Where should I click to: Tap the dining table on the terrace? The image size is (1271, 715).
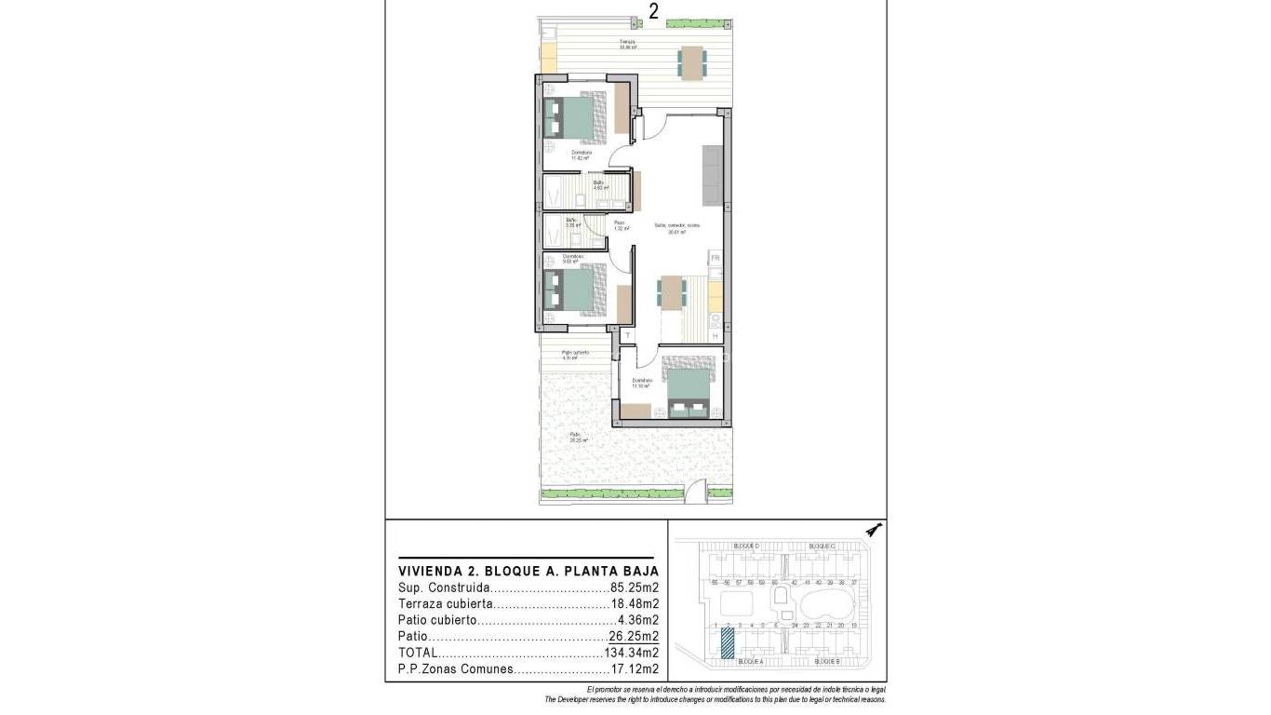click(x=691, y=62)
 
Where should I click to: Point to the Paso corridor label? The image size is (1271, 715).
click(x=619, y=224)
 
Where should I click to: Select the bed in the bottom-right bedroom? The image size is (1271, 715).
click(x=689, y=392)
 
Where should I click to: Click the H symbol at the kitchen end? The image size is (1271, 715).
click(x=715, y=335)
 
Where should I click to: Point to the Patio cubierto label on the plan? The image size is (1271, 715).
click(x=575, y=354)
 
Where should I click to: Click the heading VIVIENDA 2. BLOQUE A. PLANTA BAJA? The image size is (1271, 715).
click(x=528, y=571)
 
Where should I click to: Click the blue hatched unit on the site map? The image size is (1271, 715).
click(x=727, y=643)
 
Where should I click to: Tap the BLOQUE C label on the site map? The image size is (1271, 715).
click(x=822, y=546)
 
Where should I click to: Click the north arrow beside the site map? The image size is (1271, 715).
click(x=872, y=531)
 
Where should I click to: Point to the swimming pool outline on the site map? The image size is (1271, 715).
click(x=826, y=602)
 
